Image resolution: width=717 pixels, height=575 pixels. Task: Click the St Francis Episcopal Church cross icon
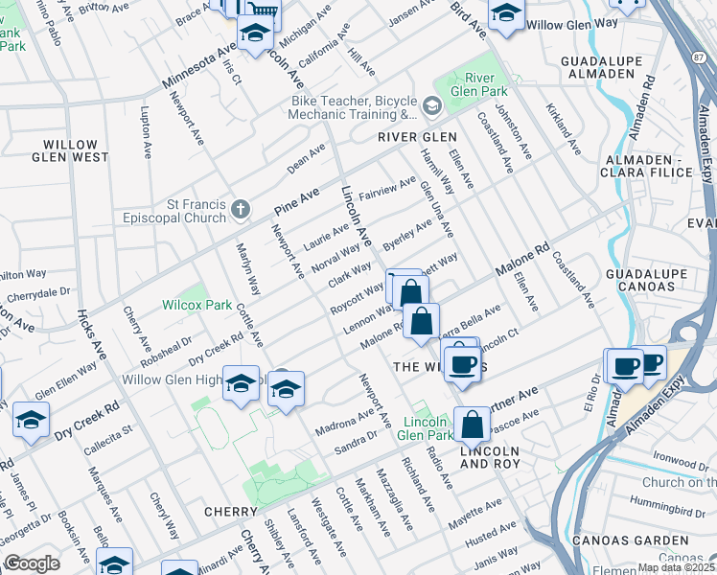(x=241, y=208)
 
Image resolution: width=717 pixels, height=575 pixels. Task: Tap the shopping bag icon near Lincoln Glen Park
(x=472, y=424)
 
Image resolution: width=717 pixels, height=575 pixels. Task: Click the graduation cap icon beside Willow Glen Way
(x=505, y=14)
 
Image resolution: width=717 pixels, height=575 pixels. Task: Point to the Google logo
(x=32, y=564)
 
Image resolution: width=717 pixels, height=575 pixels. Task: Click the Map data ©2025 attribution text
(x=676, y=567)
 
